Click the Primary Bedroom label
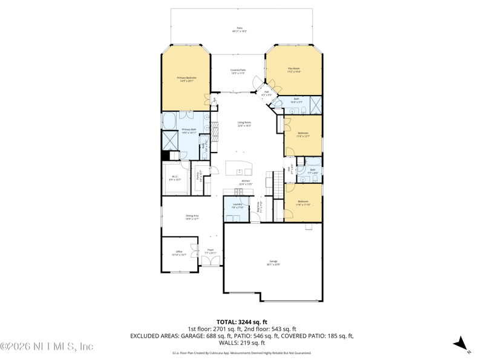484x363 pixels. coord(186,79)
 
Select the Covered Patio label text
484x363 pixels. coord(238,71)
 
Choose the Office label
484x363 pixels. coord(178,253)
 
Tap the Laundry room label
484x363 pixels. coord(237,206)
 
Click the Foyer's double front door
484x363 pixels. coord(211,261)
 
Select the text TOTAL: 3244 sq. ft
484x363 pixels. coord(242,322)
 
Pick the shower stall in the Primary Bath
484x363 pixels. coord(169,140)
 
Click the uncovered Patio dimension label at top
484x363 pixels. coord(240,30)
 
